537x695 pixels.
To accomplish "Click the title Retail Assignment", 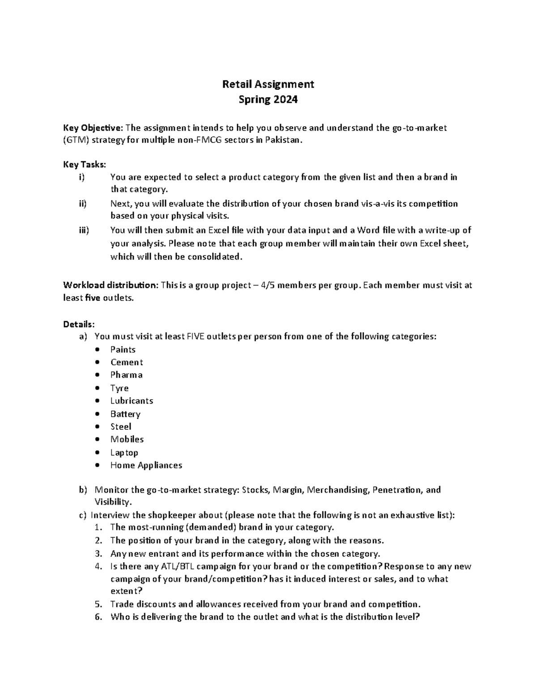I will point(268,84).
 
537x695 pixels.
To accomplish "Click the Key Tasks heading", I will point(85,165).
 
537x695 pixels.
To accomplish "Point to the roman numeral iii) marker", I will point(84,230).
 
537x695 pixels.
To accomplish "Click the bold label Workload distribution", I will point(110,285).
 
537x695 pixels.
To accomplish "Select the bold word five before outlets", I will point(92,298).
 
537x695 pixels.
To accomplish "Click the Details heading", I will point(79,324).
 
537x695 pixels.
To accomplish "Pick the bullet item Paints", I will point(123,350).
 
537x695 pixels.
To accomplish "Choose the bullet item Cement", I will point(127,362).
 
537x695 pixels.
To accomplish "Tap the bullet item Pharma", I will point(127,375).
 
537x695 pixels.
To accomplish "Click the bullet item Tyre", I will point(119,388).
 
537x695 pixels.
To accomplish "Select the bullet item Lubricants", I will point(132,401).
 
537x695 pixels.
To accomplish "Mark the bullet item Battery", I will point(125,414).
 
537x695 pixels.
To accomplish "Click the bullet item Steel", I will point(121,426).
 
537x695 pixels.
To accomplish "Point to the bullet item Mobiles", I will point(127,439).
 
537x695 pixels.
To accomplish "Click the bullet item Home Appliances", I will point(146,465).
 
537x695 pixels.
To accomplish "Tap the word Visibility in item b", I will point(113,502).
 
